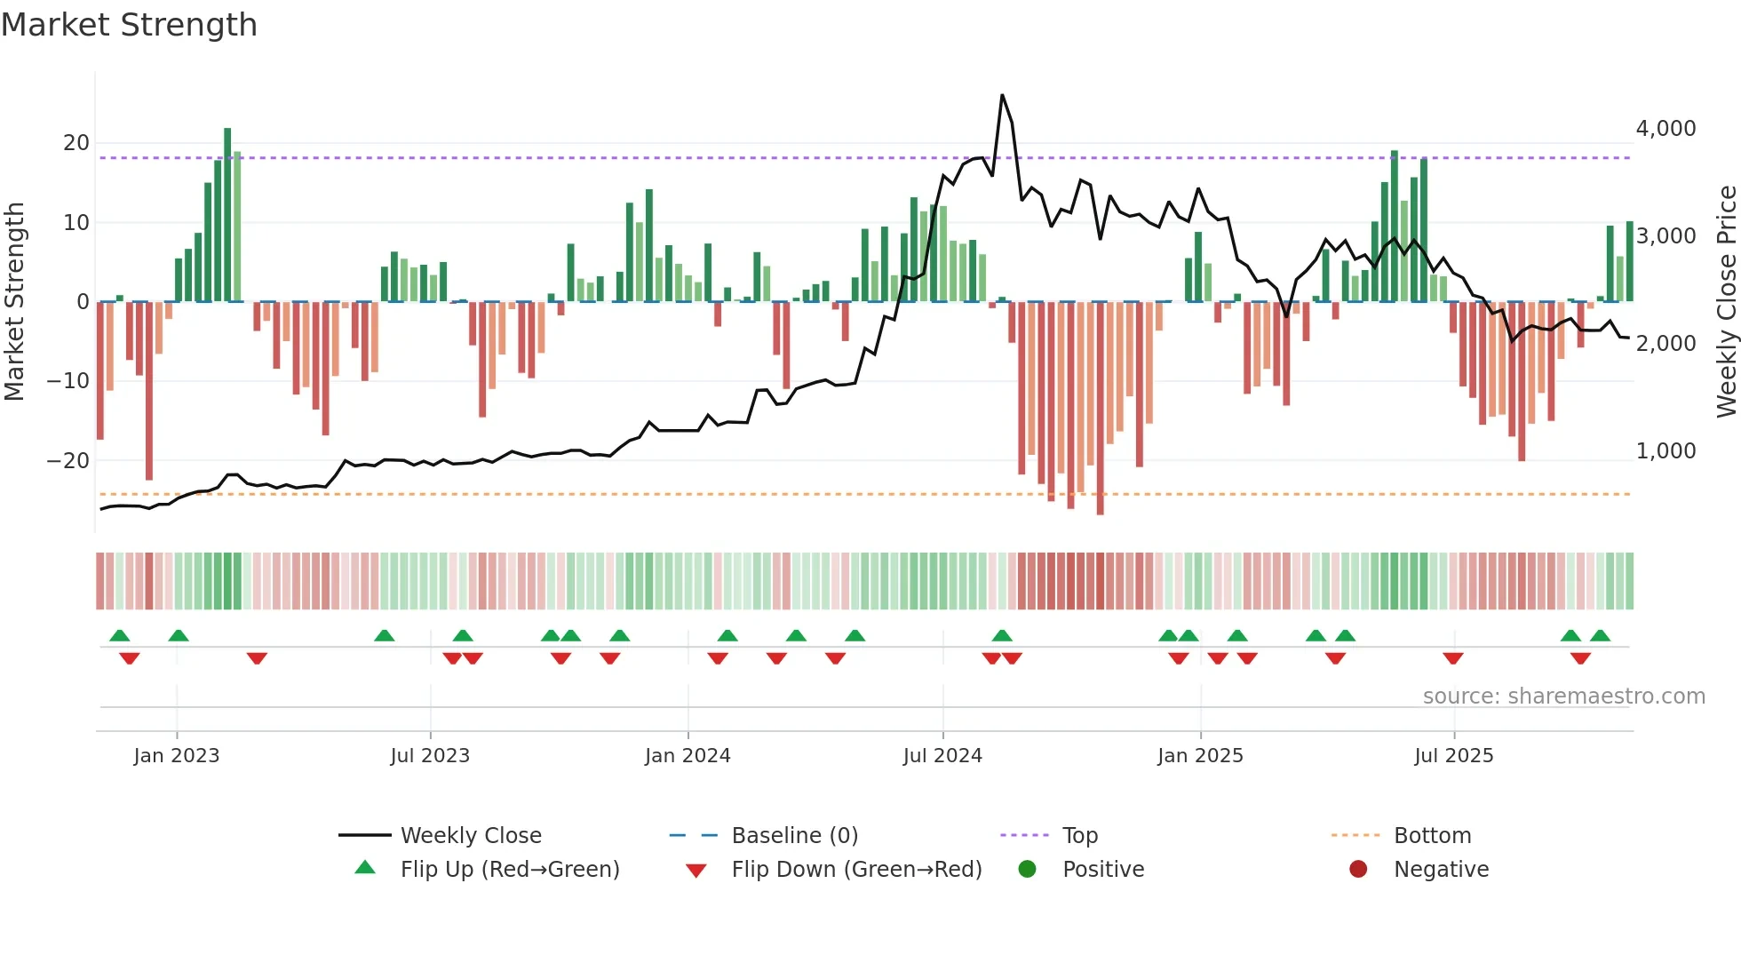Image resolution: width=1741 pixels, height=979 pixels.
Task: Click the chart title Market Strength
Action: pos(129,25)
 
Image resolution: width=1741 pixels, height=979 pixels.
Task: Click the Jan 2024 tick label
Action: pos(688,756)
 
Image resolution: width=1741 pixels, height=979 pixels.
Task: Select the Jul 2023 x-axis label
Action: pos(430,756)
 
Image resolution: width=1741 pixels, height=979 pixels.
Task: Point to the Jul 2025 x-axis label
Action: pos(1454,756)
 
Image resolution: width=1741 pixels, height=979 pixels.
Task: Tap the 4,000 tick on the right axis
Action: pos(1665,129)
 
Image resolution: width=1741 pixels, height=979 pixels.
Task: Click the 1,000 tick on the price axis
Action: pos(1665,451)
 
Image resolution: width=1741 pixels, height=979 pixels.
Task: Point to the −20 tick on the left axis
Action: pos(68,461)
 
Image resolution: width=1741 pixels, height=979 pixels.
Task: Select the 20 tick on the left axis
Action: pos(76,143)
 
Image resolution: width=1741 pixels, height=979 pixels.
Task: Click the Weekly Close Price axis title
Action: pos(1726,302)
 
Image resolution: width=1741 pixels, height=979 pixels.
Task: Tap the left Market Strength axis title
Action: pos(15,302)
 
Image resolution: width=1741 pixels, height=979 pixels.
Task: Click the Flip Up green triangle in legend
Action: pos(365,868)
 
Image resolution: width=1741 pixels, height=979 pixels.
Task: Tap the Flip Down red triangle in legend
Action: pos(696,871)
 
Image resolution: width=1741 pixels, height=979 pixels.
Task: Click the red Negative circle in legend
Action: pos(1358,870)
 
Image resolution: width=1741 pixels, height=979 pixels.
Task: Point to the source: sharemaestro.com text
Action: pos(1563,696)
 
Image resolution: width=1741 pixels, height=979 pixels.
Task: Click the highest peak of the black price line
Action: pos(1002,95)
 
